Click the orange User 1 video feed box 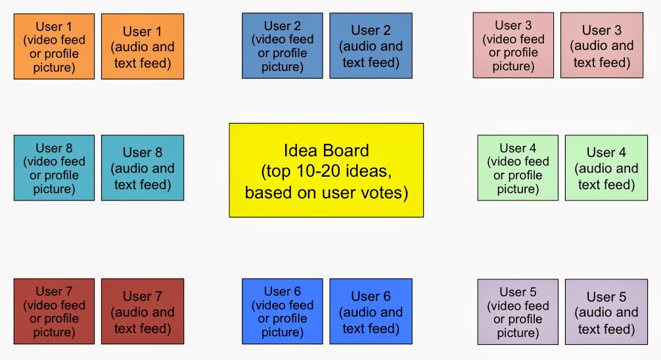point(54,47)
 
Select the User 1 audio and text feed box point(143,47)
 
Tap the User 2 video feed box point(283,45)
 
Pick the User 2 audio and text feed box point(371,45)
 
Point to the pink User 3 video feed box point(513,45)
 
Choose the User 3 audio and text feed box point(602,45)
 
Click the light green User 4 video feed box point(518,168)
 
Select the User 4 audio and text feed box point(606,168)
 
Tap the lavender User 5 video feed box point(518,312)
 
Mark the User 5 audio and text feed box point(606,312)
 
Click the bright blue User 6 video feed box point(283,311)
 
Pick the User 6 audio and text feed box point(371,311)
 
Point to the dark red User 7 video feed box point(54,311)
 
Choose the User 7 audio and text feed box point(143,311)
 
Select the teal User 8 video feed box point(54,168)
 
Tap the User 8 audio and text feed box point(143,168)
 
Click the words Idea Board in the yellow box point(327,150)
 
